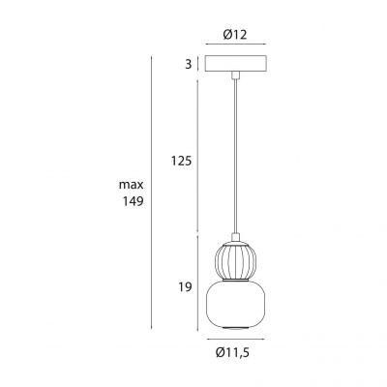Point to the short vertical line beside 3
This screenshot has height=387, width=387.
(197, 65)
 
